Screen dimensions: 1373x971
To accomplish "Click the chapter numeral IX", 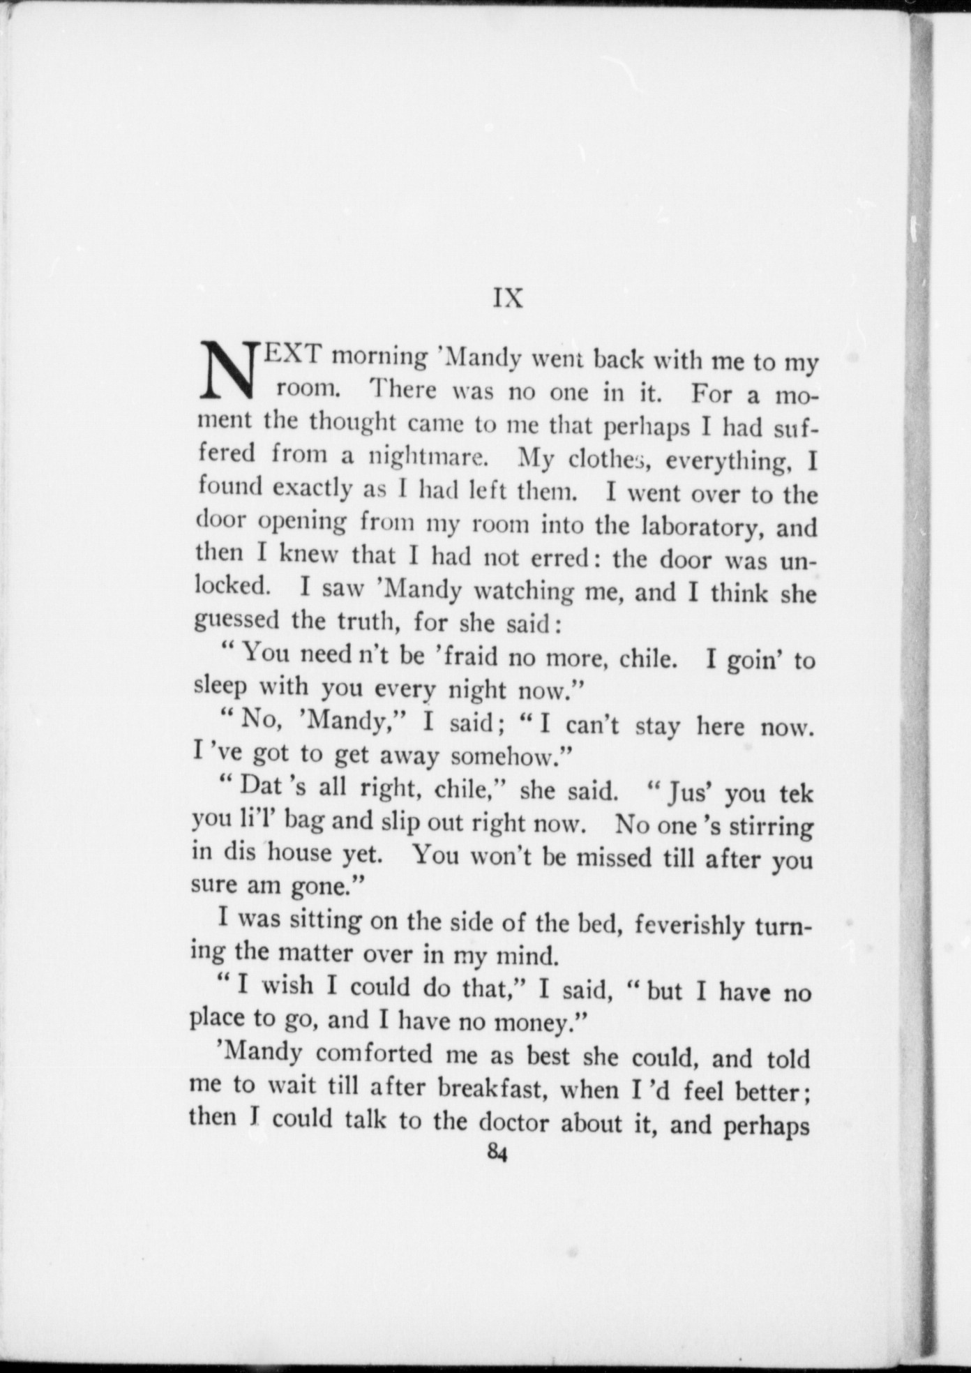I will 508,298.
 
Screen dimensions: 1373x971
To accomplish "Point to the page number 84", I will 497,1153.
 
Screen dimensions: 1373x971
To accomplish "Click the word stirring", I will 771,827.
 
